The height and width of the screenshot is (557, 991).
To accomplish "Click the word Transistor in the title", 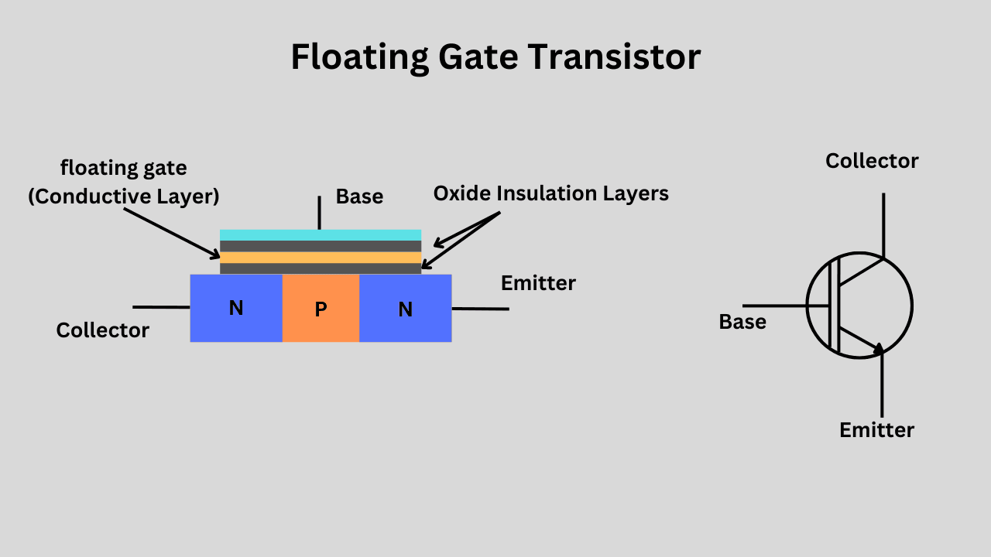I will [x=615, y=57].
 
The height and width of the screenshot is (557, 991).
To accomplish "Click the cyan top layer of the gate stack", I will [x=321, y=235].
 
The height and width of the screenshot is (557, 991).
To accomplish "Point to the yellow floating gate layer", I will [x=321, y=257].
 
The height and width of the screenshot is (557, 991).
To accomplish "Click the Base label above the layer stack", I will [x=359, y=196].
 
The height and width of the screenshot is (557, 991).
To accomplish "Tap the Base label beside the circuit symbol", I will [x=742, y=322].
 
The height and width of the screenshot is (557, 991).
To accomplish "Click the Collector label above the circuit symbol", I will [x=872, y=161].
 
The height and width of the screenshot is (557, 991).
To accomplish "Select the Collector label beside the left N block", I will [x=102, y=330].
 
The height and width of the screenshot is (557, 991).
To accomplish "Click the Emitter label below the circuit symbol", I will [x=876, y=430].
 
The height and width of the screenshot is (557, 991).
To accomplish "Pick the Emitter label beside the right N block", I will [x=538, y=283].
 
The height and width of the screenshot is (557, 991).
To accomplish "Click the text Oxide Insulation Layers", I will [x=550, y=193].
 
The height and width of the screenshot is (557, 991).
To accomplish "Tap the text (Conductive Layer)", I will [x=124, y=196].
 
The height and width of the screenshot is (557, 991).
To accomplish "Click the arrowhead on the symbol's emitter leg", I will [x=878, y=349].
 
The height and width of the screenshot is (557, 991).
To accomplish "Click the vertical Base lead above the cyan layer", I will [x=319, y=212].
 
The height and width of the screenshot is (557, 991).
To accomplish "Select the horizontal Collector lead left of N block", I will [x=161, y=307].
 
